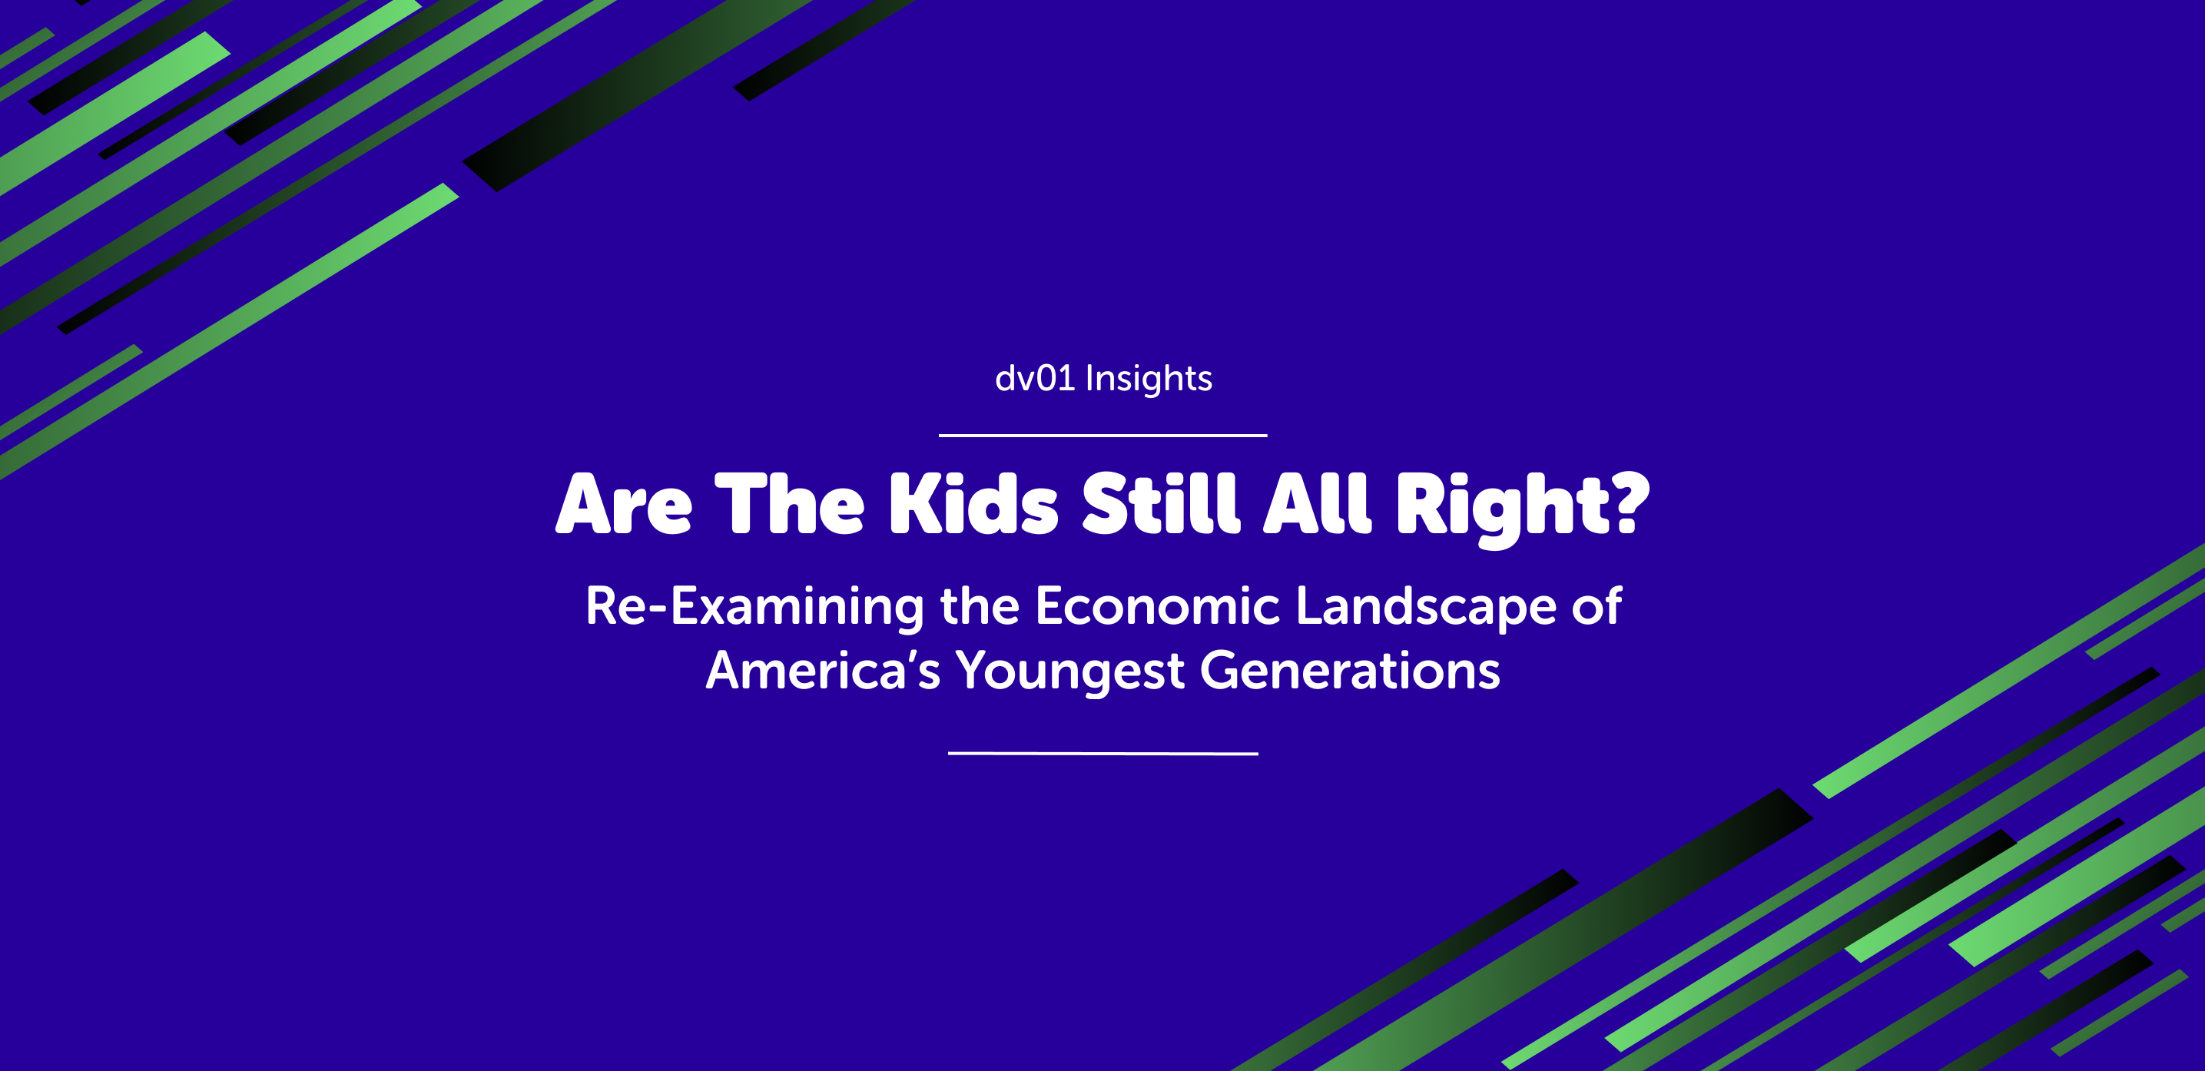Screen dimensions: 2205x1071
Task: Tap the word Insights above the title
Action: (x=1149, y=380)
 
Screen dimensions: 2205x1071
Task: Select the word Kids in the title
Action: (x=973, y=504)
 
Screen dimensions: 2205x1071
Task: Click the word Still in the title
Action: (x=1161, y=503)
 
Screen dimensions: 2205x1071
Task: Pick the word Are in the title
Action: (x=623, y=505)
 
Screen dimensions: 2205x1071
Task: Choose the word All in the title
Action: (x=1318, y=503)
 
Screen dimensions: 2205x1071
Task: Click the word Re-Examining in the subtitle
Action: (x=754, y=607)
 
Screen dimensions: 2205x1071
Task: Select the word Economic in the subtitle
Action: (x=1157, y=606)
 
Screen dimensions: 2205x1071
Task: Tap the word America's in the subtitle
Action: (x=823, y=671)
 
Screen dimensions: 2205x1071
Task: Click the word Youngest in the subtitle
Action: (x=1070, y=672)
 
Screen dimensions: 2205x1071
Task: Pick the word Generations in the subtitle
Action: (x=1350, y=671)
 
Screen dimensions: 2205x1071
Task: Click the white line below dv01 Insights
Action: (x=1102, y=436)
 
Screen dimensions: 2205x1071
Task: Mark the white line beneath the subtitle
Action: (x=1102, y=754)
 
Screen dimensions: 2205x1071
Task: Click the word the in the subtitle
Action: (x=980, y=606)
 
